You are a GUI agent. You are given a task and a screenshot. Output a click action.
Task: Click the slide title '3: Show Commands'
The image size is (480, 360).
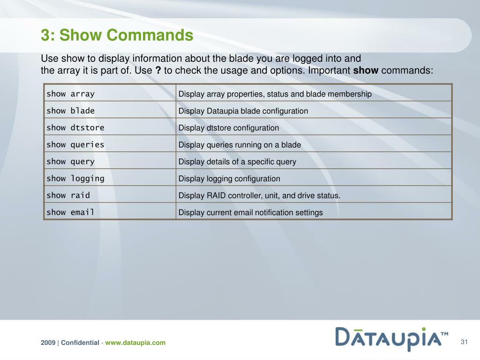point(117,35)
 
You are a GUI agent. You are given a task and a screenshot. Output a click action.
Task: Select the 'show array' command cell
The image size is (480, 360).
point(70,94)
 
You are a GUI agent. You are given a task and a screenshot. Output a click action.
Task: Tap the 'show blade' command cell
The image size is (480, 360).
point(70,111)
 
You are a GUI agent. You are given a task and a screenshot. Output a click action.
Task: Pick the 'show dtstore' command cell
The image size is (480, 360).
point(75,127)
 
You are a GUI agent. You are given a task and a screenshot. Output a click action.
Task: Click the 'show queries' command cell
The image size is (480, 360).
point(75,144)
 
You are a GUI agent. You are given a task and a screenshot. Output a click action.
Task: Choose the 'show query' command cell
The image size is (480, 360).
point(70,161)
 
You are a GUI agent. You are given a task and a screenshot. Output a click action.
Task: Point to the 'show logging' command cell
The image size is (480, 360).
point(75,178)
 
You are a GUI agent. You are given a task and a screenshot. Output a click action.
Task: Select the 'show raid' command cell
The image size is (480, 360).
point(68,195)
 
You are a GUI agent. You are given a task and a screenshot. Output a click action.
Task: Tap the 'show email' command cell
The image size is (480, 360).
point(70,212)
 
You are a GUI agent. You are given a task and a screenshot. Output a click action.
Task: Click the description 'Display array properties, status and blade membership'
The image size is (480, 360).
point(275,94)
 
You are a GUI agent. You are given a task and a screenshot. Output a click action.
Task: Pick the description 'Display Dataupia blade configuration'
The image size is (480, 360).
point(243,111)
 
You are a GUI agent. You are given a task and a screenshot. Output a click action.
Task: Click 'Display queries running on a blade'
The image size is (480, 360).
point(239,145)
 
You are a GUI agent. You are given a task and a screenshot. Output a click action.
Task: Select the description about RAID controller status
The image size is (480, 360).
point(259,195)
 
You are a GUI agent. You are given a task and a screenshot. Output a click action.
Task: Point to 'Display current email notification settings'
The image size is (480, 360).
point(250,212)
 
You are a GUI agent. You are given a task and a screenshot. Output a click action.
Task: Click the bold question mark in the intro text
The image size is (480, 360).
point(158,70)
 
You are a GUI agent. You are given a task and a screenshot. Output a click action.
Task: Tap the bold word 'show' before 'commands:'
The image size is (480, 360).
point(365,70)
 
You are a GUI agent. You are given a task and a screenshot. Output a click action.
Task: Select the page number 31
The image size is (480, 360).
point(465,341)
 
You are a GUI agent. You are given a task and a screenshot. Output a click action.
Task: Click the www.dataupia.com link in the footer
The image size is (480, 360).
point(135,343)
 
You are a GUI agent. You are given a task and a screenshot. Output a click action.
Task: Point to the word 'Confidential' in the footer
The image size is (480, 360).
point(80,343)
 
